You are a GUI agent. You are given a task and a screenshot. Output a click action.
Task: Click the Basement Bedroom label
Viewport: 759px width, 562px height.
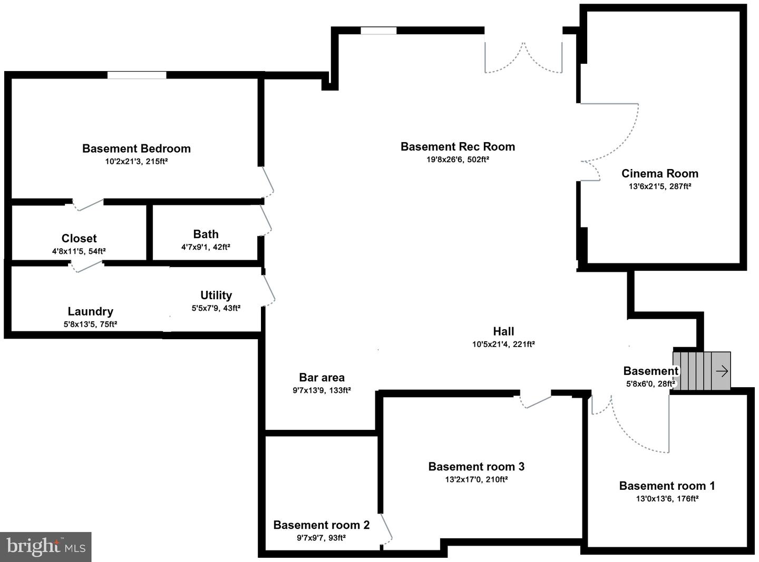tap(136, 149)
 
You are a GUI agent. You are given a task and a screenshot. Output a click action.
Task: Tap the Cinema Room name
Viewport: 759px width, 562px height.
tap(659, 173)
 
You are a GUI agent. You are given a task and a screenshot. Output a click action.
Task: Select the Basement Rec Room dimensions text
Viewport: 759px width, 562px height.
tap(458, 160)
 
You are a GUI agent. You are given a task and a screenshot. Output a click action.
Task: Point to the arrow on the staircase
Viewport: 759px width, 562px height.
tap(722, 371)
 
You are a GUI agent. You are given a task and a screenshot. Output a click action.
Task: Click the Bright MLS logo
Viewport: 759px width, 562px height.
tap(46, 547)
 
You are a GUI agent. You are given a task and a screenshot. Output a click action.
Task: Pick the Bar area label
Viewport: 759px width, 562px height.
tap(322, 377)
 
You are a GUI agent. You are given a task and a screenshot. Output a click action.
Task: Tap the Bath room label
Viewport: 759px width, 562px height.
tap(206, 234)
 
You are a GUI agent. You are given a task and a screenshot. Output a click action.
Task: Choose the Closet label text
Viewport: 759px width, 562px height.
tap(79, 238)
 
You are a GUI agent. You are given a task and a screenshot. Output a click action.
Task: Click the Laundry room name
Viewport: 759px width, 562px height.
tap(90, 311)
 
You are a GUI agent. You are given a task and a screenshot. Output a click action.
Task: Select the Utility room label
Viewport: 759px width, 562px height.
tap(216, 295)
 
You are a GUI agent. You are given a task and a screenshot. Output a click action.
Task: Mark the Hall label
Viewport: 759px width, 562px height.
tap(503, 331)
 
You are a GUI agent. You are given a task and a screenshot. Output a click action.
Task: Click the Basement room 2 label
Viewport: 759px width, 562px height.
tap(321, 525)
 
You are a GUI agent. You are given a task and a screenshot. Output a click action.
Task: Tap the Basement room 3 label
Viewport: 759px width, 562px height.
tap(476, 466)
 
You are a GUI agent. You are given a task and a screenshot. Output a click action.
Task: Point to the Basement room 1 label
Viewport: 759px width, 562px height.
tap(667, 486)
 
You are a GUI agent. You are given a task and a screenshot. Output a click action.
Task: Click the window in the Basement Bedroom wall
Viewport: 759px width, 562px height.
tap(137, 75)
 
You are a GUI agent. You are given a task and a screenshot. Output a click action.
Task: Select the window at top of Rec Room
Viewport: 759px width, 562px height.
tap(378, 31)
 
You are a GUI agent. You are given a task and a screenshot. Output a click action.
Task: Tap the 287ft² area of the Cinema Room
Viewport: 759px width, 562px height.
tap(680, 186)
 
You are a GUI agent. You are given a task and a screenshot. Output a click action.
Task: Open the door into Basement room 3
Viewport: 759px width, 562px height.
tap(536, 400)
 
